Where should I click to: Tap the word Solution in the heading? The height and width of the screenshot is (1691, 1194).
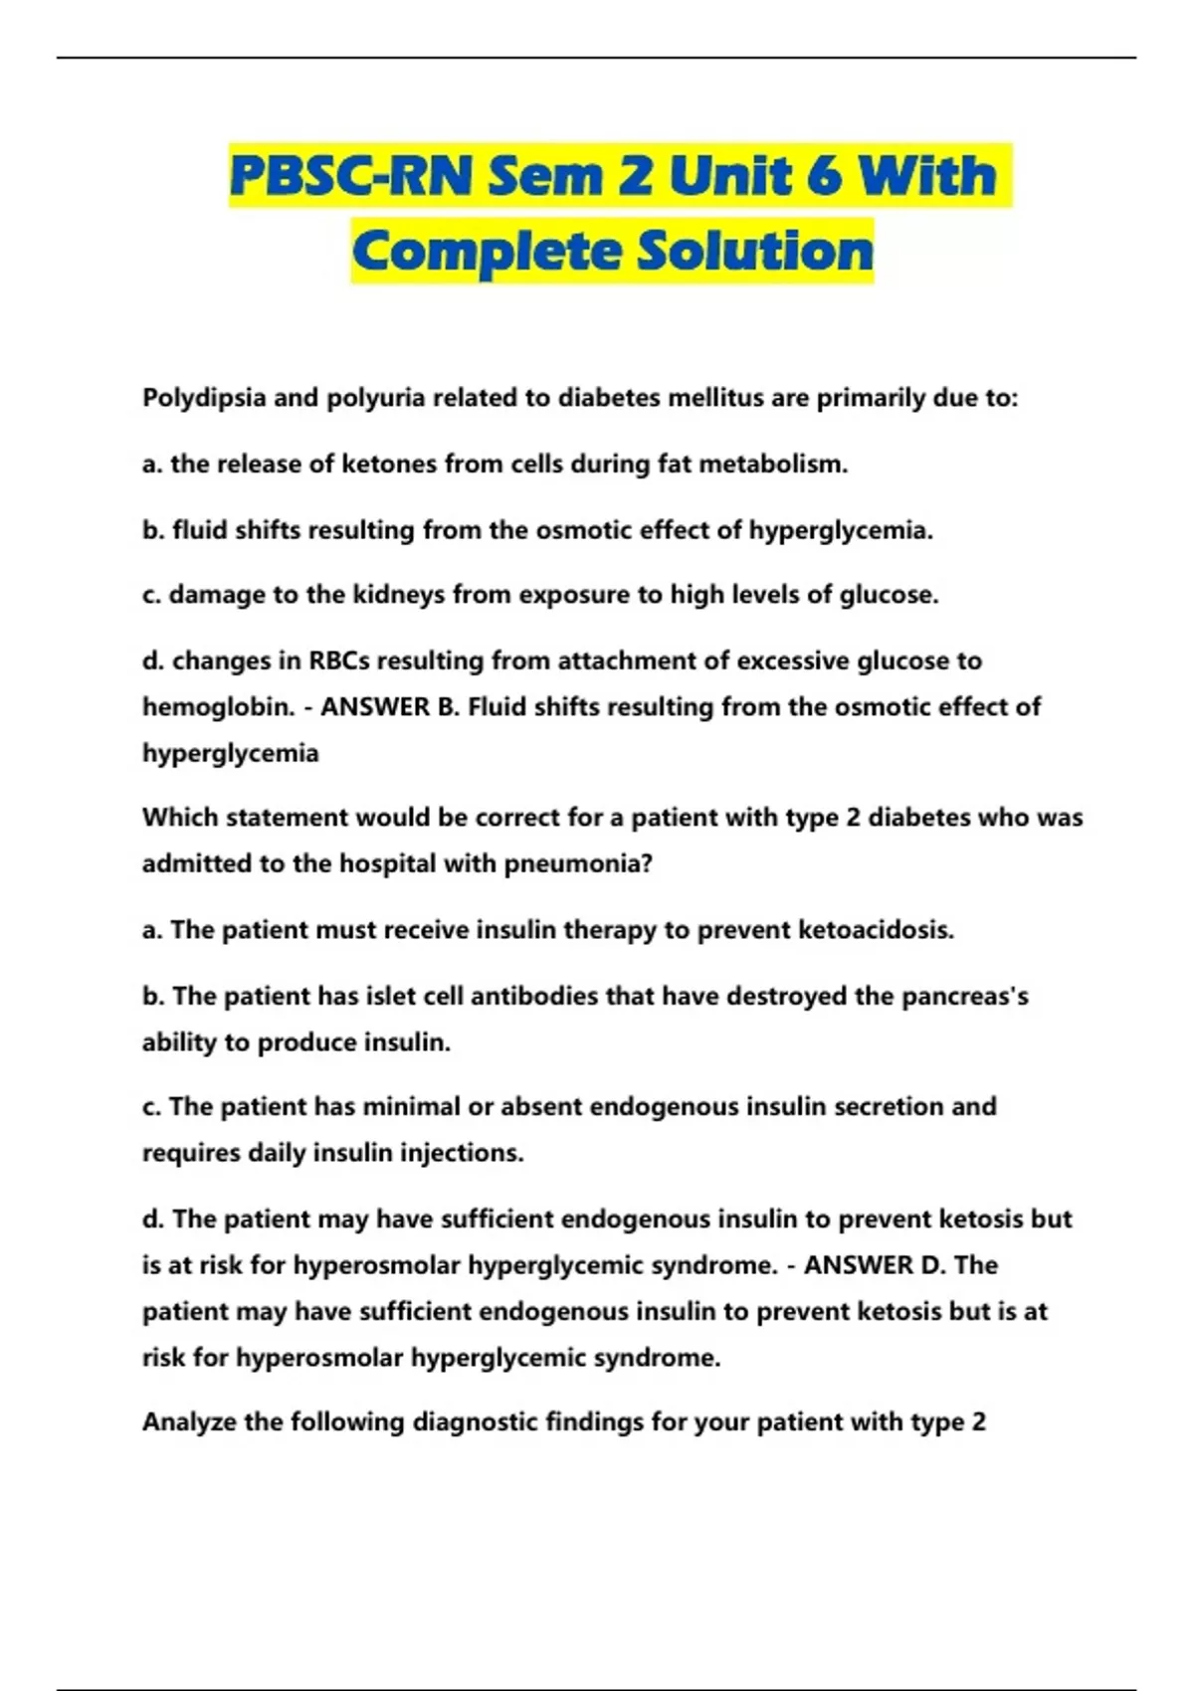[755, 251]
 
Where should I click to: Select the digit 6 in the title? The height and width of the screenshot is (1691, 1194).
[824, 176]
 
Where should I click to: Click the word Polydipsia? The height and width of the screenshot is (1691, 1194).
[204, 398]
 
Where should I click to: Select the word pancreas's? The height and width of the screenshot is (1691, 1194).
[964, 996]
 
